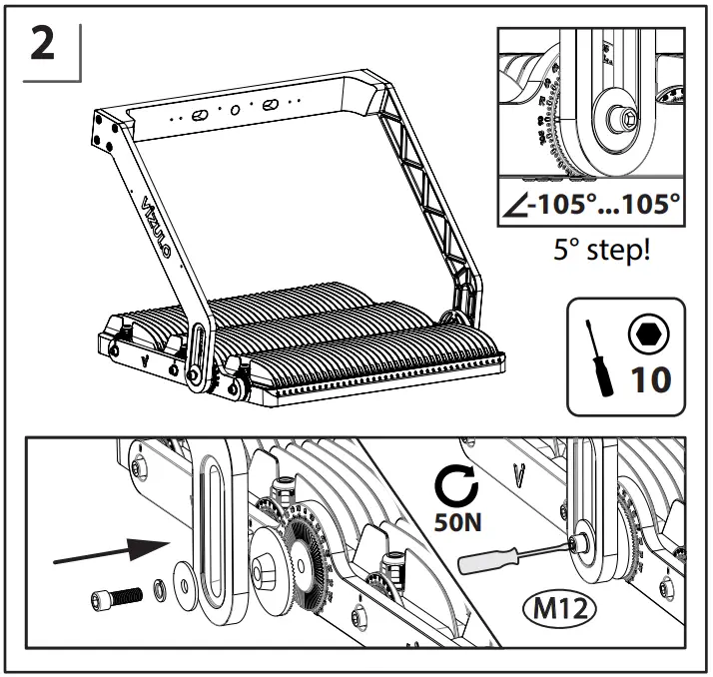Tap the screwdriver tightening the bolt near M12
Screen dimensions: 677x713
(499, 556)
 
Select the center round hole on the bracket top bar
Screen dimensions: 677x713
(235, 109)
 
